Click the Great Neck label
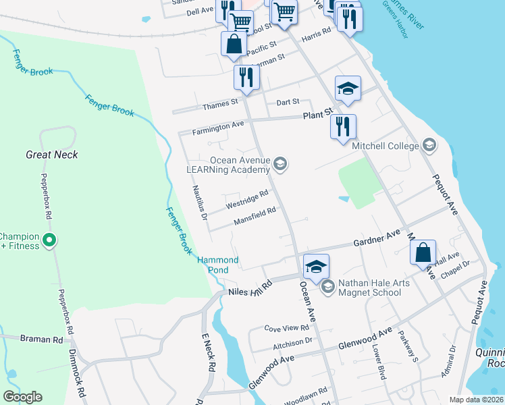52,155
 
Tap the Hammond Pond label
218,265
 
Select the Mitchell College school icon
429,145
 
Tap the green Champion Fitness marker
49,240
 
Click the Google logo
22,397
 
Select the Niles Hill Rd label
249,287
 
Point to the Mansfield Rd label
255,215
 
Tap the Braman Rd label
36,339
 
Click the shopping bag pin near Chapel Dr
423,253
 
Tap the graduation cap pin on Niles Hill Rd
316,265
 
